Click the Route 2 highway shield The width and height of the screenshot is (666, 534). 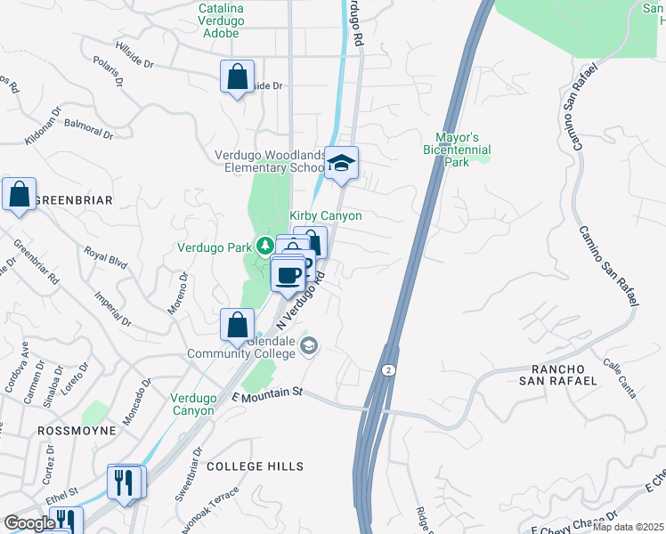click(x=389, y=368)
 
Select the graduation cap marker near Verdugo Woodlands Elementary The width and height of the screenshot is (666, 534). click(x=341, y=164)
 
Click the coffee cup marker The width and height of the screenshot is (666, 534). click(x=288, y=275)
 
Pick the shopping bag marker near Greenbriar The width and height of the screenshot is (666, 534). click(x=20, y=195)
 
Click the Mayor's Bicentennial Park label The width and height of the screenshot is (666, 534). click(x=457, y=150)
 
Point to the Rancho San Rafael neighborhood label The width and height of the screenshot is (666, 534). click(x=563, y=375)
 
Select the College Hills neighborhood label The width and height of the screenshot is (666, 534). click(x=255, y=466)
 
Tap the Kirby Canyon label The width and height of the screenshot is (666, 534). click(x=326, y=216)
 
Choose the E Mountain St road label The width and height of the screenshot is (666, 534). click(x=267, y=392)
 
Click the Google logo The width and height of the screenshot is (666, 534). click(x=29, y=523)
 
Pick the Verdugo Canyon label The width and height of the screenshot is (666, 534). click(x=192, y=404)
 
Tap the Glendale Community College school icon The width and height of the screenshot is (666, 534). click(x=309, y=347)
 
